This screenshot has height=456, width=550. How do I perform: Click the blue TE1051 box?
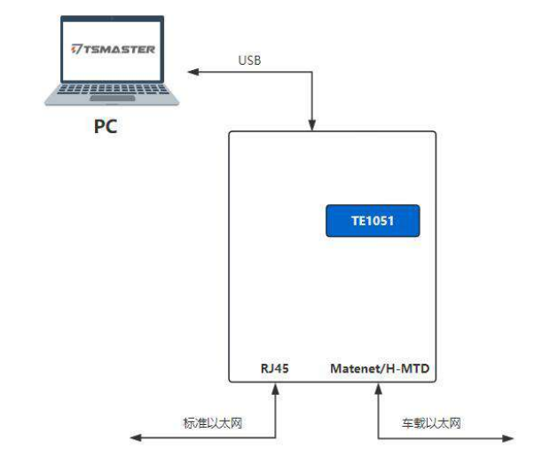pyautogui.click(x=372, y=221)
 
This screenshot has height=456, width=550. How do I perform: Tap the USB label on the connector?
pyautogui.click(x=249, y=60)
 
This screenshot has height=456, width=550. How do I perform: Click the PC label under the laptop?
pyautogui.click(x=106, y=126)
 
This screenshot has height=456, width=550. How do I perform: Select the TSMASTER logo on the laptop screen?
pyautogui.click(x=114, y=49)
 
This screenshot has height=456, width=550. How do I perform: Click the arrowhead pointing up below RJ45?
pyautogui.click(x=277, y=389)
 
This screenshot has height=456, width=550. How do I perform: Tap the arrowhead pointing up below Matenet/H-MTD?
pyautogui.click(x=379, y=389)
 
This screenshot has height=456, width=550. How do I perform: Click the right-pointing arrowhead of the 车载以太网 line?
pyautogui.click(x=509, y=437)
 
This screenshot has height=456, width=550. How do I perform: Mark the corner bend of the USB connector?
pyautogui.click(x=312, y=71)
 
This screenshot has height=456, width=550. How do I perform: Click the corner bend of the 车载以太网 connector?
pyautogui.click(x=379, y=437)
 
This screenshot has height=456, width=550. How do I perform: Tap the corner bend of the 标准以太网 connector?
pyautogui.click(x=277, y=437)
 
